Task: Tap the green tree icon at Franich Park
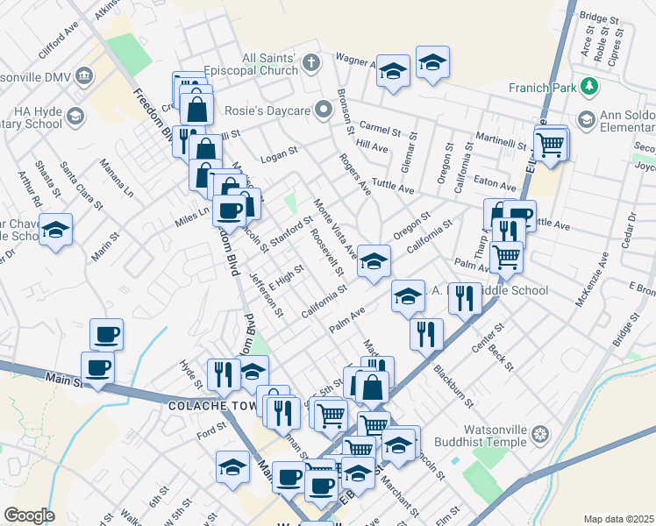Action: point(590,86)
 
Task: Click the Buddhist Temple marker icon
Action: point(542,435)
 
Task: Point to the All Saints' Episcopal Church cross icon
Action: point(310,62)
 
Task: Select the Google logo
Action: point(29,515)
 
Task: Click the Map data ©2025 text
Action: point(617,519)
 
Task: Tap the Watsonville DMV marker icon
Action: point(85,75)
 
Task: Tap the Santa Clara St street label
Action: point(73,178)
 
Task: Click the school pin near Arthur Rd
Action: point(56,230)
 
